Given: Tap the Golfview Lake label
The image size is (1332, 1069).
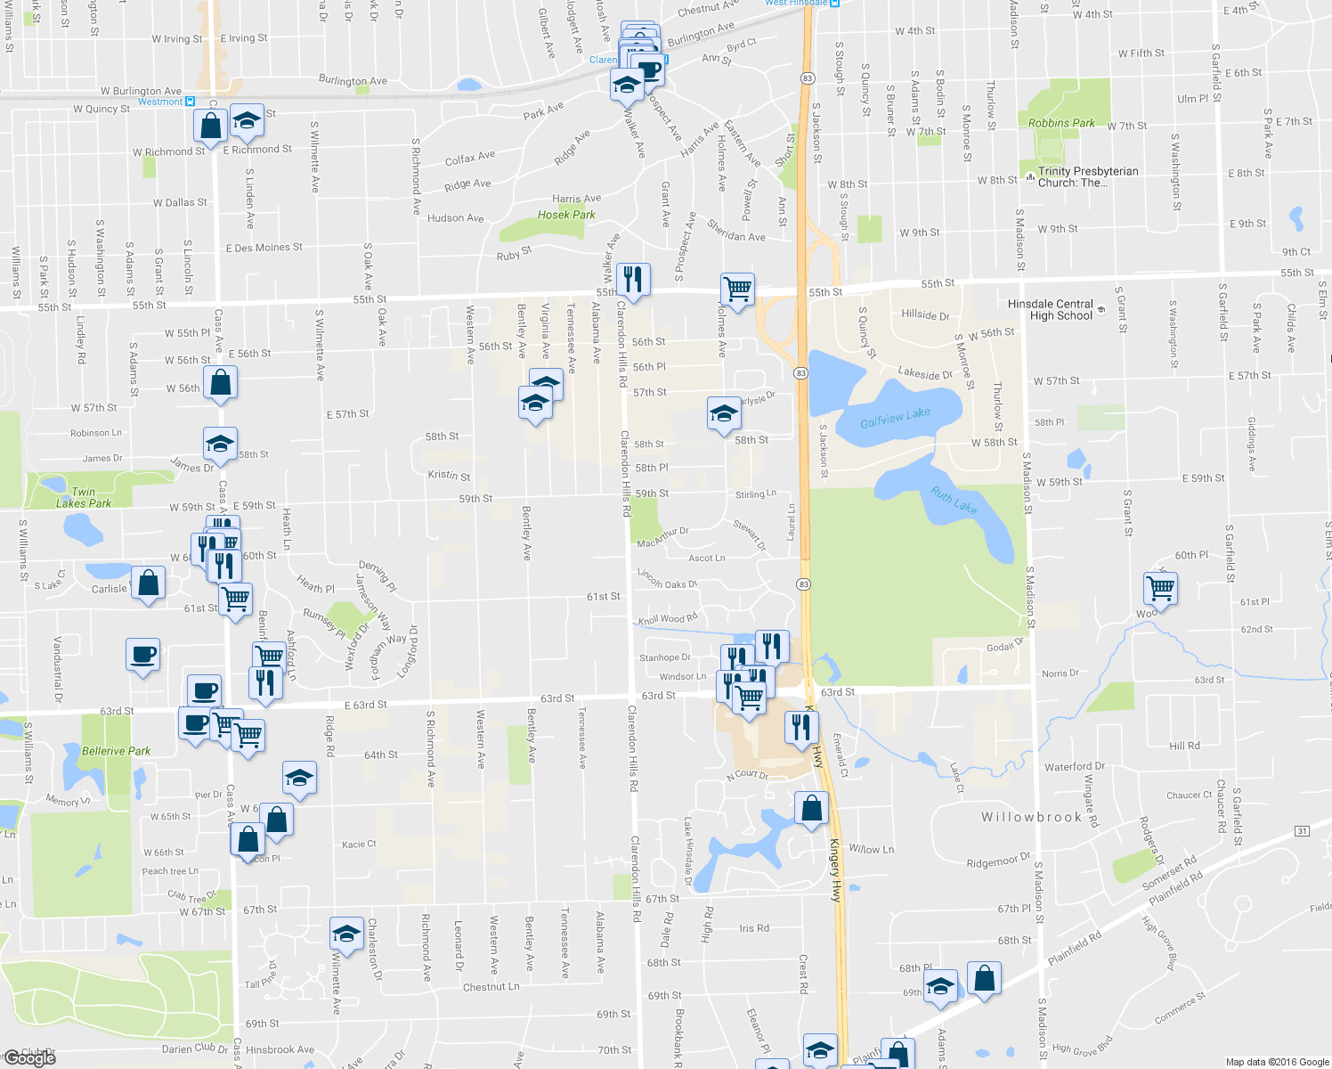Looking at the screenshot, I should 895,418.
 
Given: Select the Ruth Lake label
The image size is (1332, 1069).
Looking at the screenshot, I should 954,499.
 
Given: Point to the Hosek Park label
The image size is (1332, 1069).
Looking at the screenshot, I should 566,215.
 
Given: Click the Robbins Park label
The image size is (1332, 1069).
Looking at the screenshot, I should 1061,123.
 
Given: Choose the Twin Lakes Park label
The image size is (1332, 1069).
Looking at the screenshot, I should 83,497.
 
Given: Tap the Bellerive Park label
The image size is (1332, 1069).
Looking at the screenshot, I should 116,751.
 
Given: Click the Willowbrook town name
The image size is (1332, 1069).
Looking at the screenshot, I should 1031,817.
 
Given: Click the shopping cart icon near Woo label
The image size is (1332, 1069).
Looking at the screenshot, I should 1160,588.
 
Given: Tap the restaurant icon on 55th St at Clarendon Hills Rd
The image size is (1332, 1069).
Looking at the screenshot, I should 632,279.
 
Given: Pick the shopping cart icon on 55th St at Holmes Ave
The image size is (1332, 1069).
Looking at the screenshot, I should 737,289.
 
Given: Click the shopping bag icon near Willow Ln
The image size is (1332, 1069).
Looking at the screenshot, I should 811,808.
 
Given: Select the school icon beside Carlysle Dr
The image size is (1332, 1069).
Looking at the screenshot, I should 724,412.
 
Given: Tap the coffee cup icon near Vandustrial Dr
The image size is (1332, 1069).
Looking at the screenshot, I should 142,655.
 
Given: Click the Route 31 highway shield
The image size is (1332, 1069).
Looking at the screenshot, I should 1302,831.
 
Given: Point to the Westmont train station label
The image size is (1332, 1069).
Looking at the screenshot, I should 160,102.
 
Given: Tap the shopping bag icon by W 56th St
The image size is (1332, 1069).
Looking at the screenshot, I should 220,383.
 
